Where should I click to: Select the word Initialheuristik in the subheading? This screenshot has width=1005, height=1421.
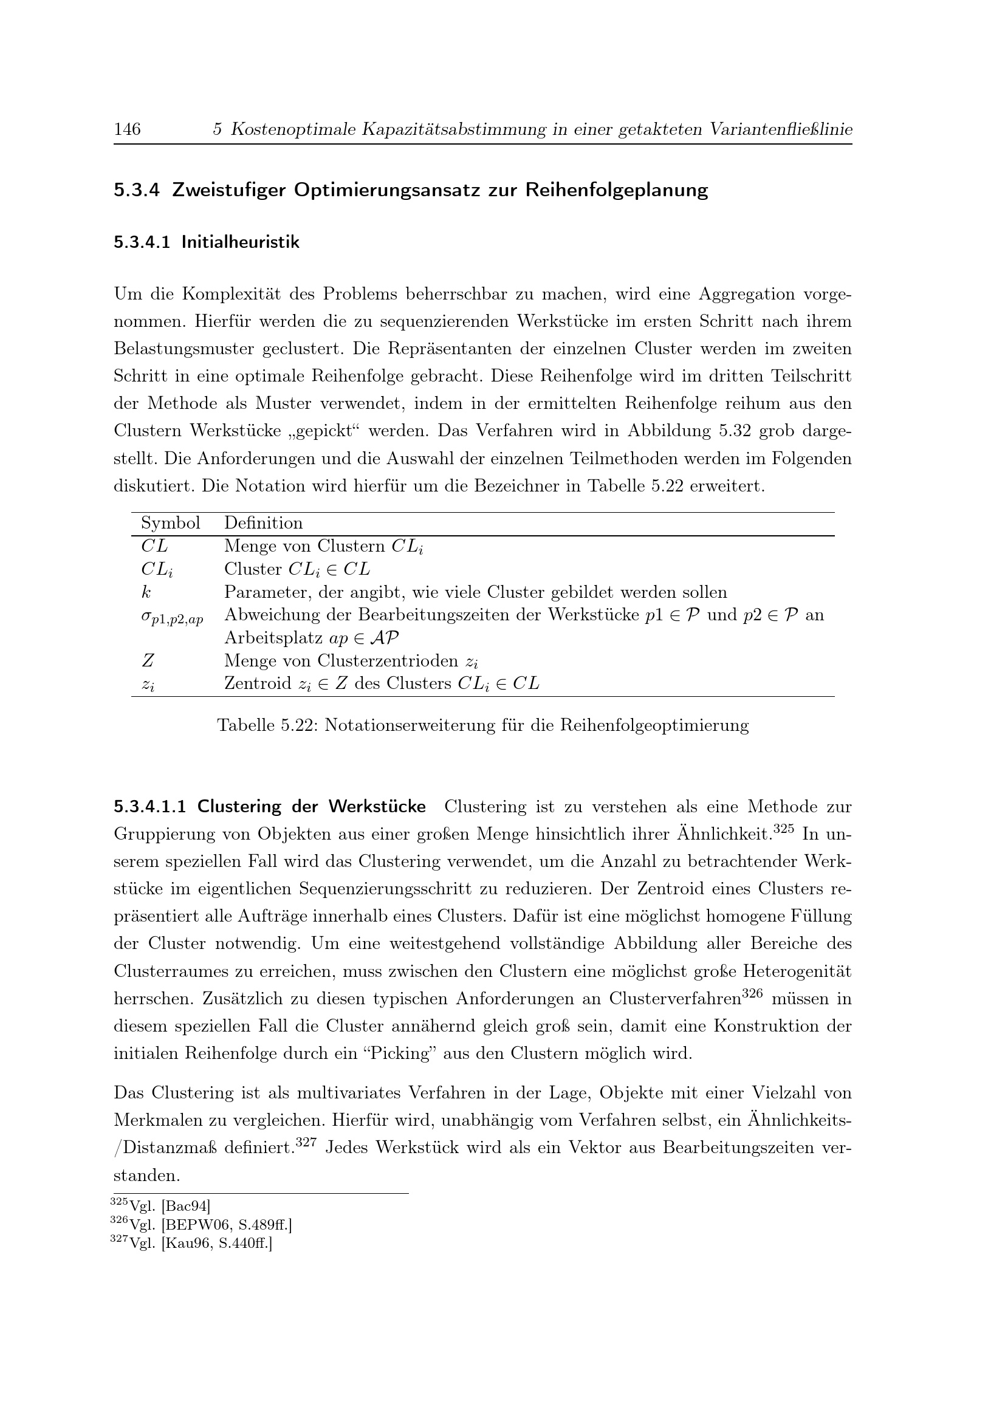click(x=240, y=242)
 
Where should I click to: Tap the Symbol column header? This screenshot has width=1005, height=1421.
click(x=170, y=523)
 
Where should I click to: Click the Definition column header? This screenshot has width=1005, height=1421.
click(x=263, y=523)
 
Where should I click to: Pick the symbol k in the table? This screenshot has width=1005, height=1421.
click(x=146, y=592)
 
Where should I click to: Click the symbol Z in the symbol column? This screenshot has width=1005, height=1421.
click(x=147, y=661)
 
